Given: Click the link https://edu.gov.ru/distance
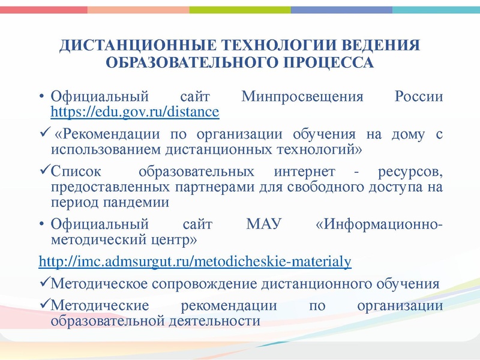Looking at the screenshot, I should [x=135, y=112].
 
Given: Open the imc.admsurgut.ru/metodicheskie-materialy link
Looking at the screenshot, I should [x=195, y=262].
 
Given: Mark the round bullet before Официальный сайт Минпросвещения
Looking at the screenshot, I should [x=41, y=97].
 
